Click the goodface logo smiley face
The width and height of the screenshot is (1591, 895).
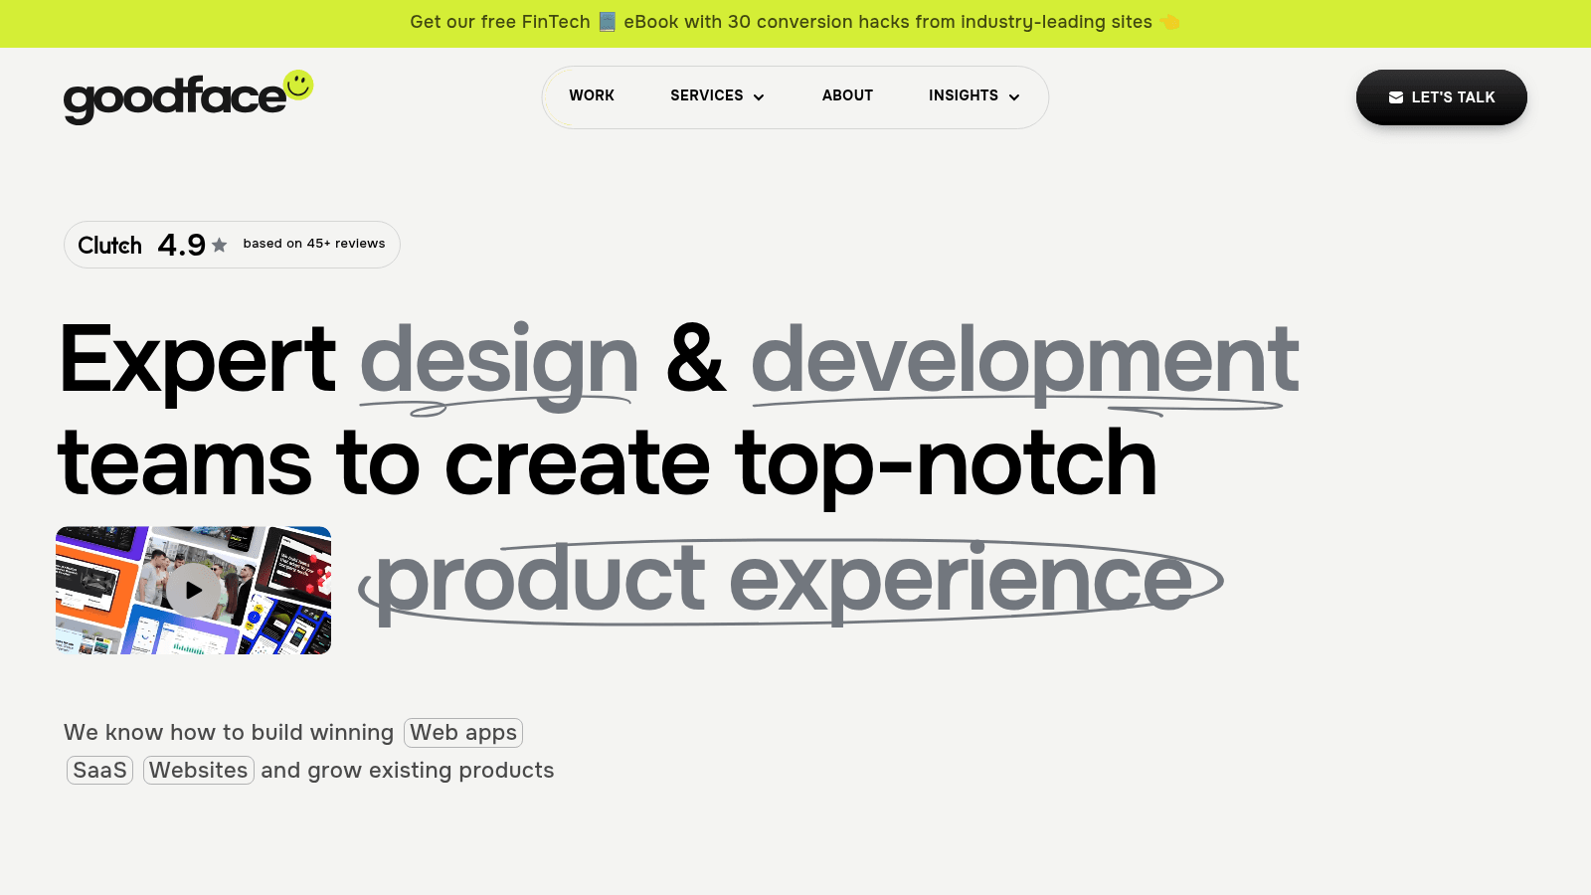click(x=298, y=85)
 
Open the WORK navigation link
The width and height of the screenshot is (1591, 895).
click(x=592, y=95)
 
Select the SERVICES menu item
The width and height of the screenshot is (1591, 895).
click(x=707, y=95)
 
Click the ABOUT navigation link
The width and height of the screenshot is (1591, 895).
click(x=847, y=95)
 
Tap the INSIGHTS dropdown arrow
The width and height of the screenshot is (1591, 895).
click(x=1014, y=97)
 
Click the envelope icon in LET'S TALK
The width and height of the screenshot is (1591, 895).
click(x=1396, y=97)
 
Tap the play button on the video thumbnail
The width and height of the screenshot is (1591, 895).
click(x=193, y=590)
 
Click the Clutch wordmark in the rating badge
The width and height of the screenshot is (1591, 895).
click(x=109, y=246)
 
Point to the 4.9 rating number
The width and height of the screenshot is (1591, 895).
click(x=181, y=245)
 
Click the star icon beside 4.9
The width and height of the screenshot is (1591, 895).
click(x=220, y=245)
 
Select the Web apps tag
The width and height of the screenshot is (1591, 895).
click(x=463, y=733)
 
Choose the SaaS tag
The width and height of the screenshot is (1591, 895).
click(x=99, y=771)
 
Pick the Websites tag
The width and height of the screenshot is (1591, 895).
click(x=199, y=771)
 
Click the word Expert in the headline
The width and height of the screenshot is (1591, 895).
click(x=197, y=360)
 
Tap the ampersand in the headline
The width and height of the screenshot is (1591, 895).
click(x=695, y=360)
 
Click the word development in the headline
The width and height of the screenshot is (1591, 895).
click(x=1024, y=360)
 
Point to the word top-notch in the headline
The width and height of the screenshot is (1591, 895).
click(x=946, y=463)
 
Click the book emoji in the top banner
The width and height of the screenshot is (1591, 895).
click(x=608, y=22)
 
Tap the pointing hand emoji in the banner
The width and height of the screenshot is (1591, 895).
click(x=1169, y=22)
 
